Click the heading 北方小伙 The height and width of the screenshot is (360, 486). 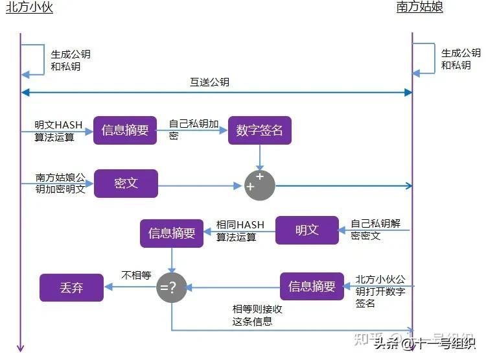tap(29, 8)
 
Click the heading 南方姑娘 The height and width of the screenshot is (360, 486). tap(420, 8)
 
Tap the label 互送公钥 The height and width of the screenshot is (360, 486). tap(209, 82)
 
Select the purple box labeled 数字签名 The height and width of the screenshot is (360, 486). tap(260, 130)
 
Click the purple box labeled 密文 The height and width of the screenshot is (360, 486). tap(126, 183)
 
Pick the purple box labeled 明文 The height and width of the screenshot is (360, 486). tap(307, 230)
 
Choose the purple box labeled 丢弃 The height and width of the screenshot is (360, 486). tap(71, 287)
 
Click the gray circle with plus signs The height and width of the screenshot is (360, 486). tap(259, 185)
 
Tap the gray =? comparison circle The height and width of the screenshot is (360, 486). tap(172, 287)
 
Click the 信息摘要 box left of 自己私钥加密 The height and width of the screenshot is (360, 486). tap(125, 130)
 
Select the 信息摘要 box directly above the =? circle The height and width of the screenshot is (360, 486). tap(172, 234)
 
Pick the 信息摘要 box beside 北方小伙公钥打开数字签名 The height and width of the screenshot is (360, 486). tap(312, 286)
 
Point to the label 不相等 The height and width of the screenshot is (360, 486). tap(136, 276)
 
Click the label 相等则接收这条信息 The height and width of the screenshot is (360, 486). tap(257, 315)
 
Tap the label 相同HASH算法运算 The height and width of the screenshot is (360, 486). tap(240, 231)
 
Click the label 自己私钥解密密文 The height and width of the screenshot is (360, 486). tap(375, 230)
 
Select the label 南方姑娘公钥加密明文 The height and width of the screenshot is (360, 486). tap(60, 183)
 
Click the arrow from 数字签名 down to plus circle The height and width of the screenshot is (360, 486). tap(260, 157)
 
